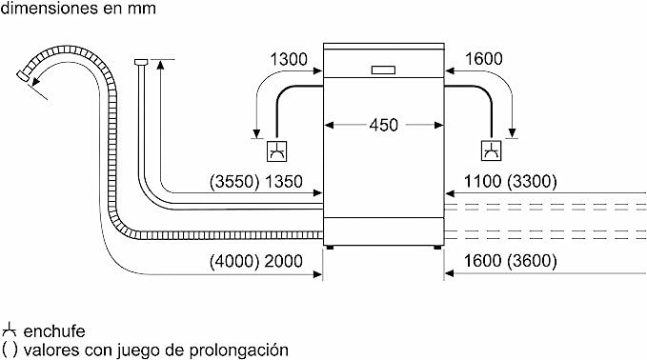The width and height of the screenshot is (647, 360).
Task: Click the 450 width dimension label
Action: [x=384, y=125]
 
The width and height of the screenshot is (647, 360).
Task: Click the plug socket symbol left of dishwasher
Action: [x=276, y=150]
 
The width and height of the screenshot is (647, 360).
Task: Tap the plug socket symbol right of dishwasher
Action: [x=491, y=150]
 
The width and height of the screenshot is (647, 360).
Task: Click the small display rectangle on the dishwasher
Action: [x=384, y=68]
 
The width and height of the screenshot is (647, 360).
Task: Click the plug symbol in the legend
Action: [x=10, y=330]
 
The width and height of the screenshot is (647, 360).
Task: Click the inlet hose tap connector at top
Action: [x=142, y=62]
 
